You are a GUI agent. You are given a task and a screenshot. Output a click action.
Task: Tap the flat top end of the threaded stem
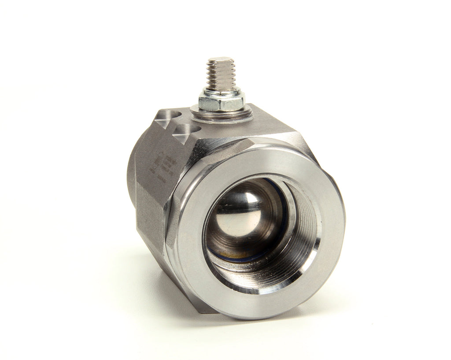coord(220,59)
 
